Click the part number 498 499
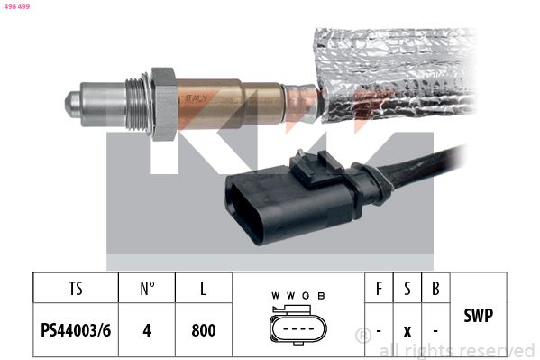[x=16, y=5]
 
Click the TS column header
[x=75, y=290]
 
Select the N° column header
[x=147, y=290]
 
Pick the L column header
[x=204, y=290]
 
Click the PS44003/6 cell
[x=75, y=330]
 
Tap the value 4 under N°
[x=147, y=330]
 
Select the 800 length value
[x=204, y=330]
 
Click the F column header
[x=380, y=290]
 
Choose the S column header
[x=407, y=290]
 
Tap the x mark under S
[x=407, y=331]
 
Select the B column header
[x=435, y=290]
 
